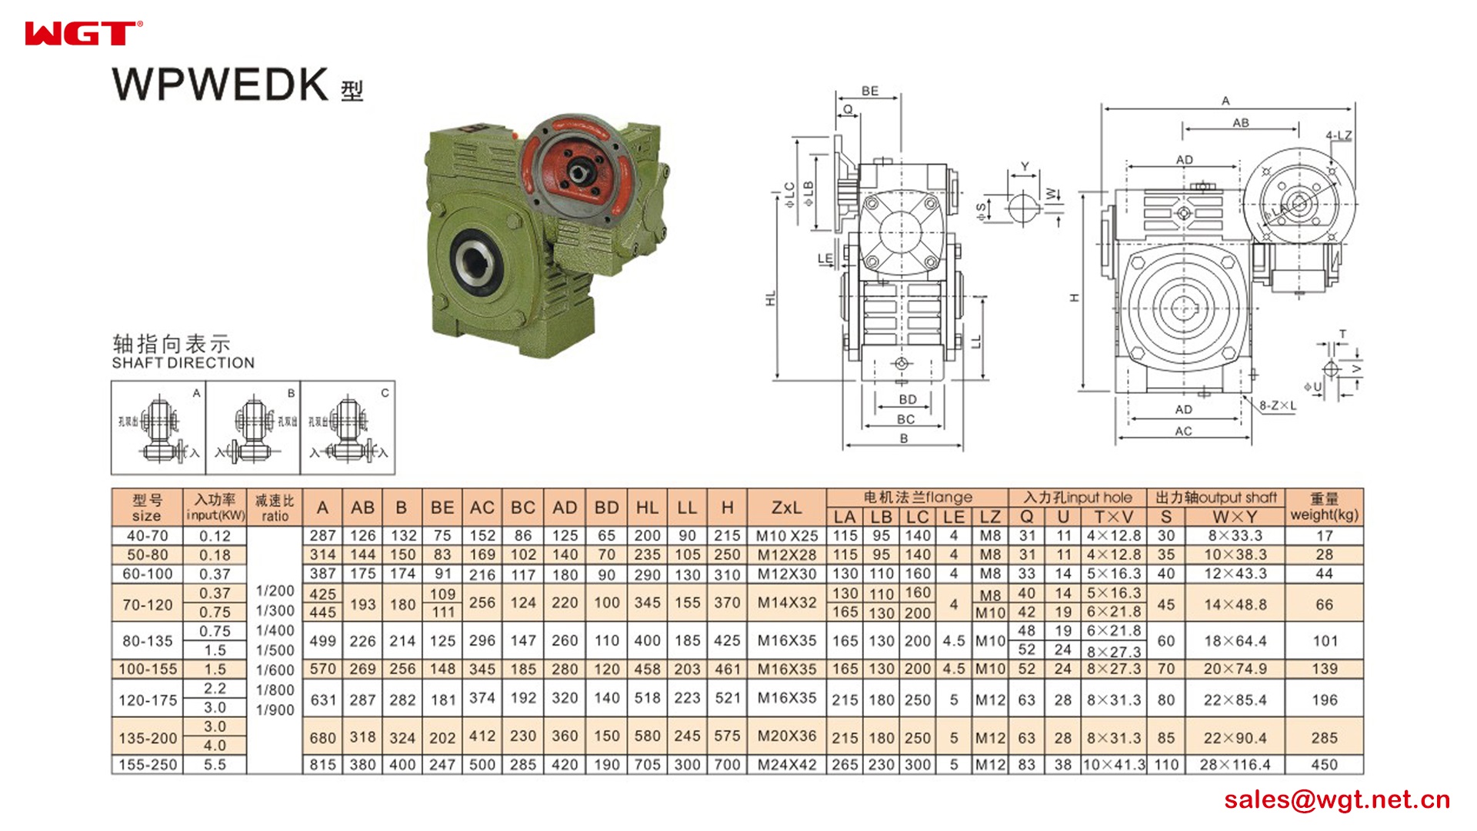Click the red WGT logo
click(x=82, y=34)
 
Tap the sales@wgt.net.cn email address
click(x=1336, y=799)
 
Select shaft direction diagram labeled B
click(x=253, y=428)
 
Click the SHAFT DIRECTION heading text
click(x=183, y=363)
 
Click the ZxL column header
click(x=786, y=508)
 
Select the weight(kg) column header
click(x=1324, y=507)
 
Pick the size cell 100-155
click(x=147, y=669)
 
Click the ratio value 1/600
click(x=275, y=670)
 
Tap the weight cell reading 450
click(x=1324, y=765)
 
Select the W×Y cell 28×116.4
click(x=1235, y=765)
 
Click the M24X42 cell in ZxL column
click(x=786, y=765)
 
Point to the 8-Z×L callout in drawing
click(x=1277, y=405)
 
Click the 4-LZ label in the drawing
click(x=1338, y=135)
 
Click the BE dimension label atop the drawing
click(x=869, y=91)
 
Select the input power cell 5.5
click(x=215, y=765)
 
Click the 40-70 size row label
click(x=147, y=536)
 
